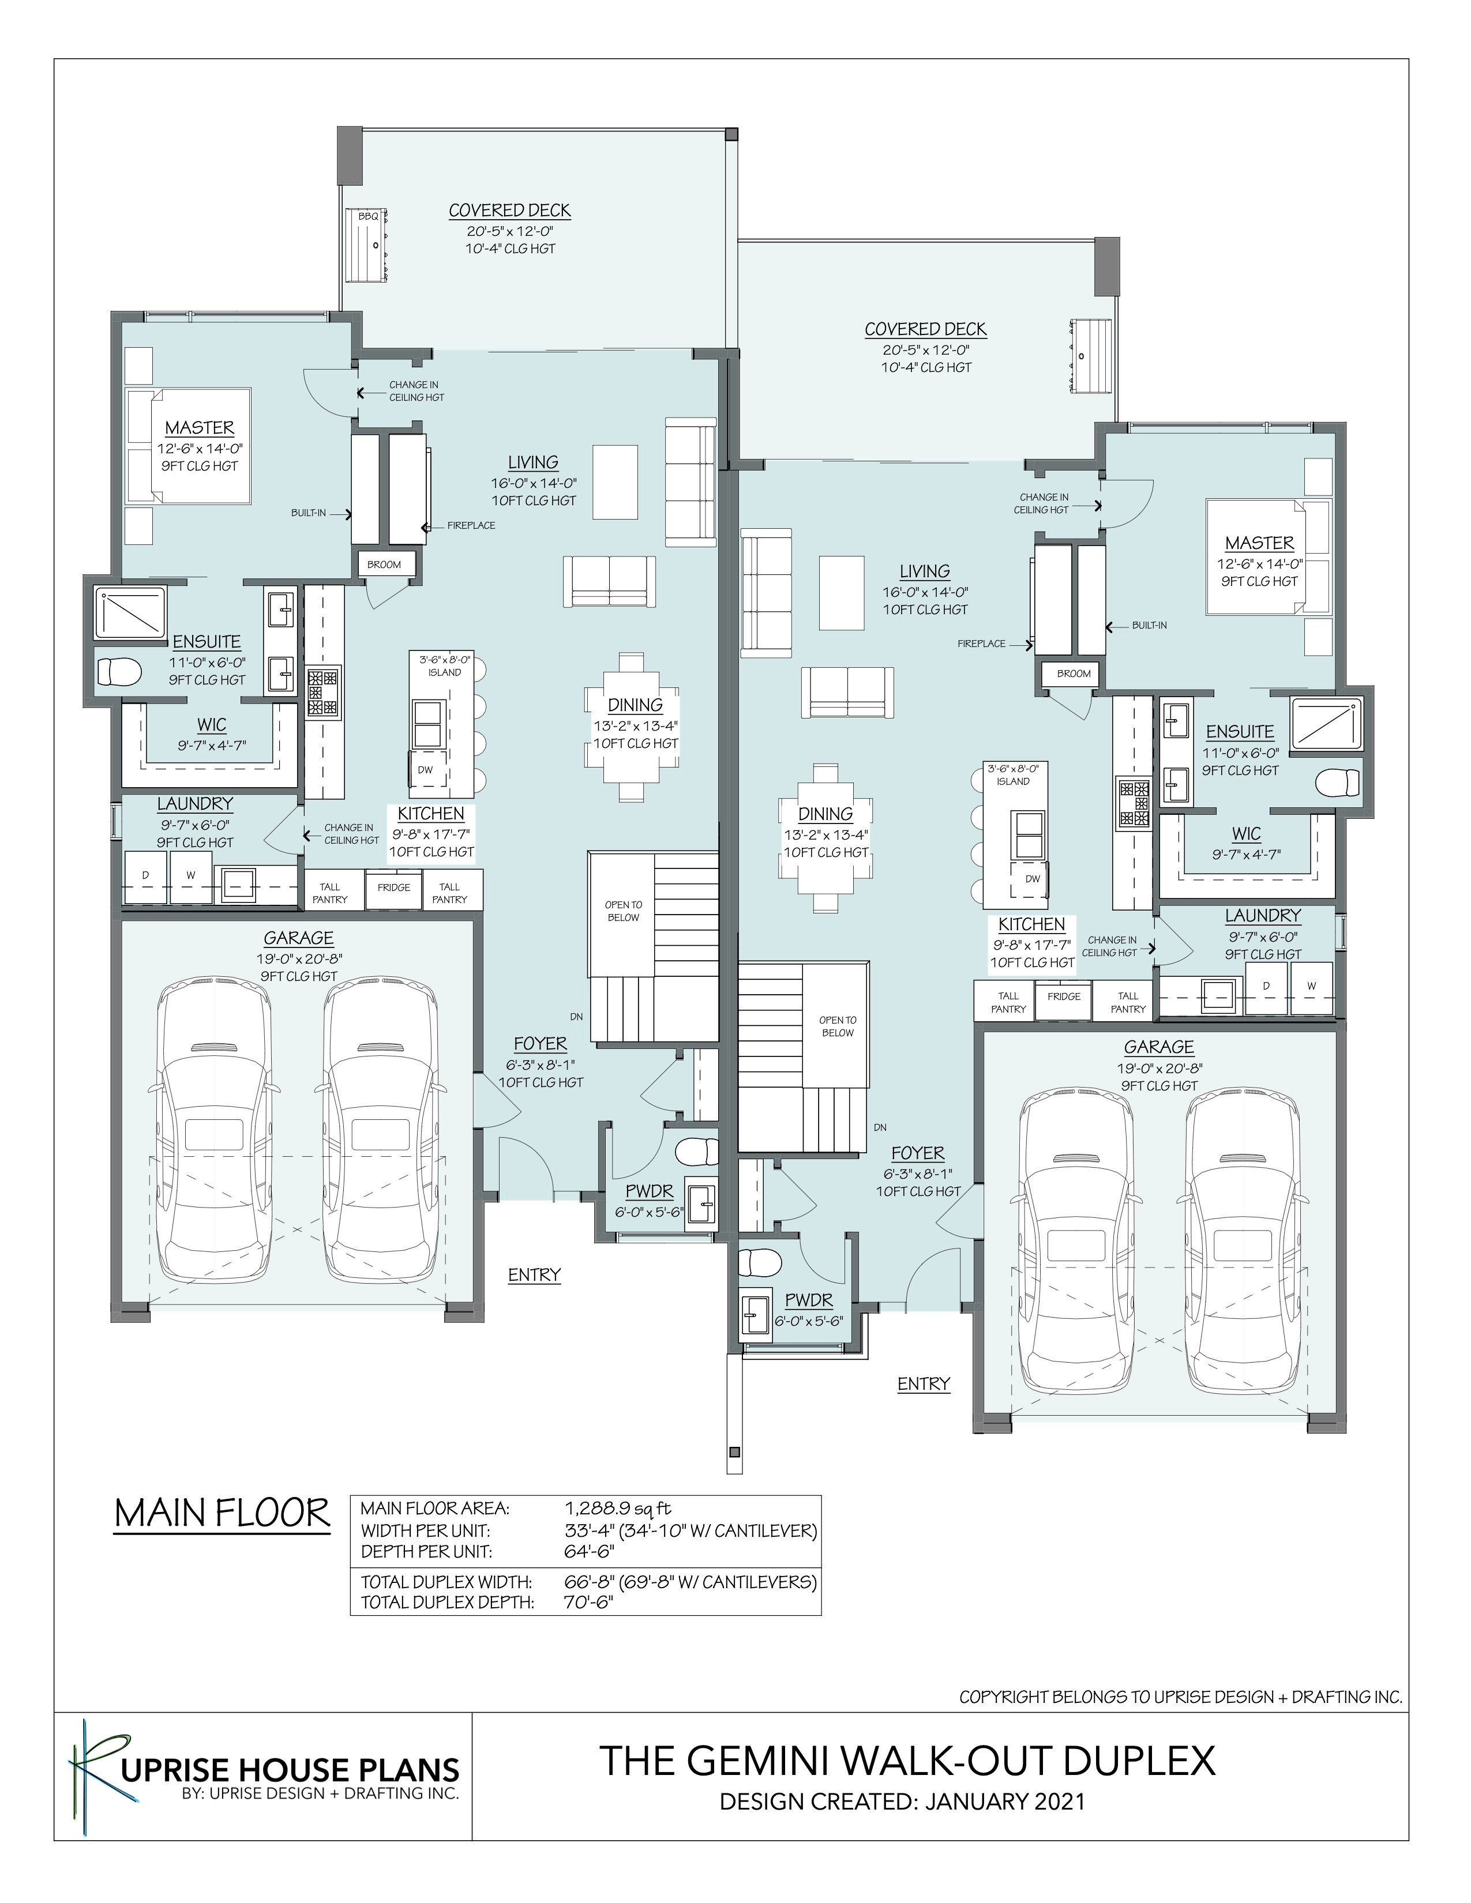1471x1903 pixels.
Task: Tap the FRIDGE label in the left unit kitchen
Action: point(394,887)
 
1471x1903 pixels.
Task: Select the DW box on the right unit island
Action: point(1033,878)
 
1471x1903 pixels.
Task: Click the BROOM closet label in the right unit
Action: point(1074,674)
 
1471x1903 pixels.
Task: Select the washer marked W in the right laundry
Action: point(1311,986)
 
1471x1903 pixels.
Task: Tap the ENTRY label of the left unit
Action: point(534,1275)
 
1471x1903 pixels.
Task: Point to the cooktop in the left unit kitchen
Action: point(322,693)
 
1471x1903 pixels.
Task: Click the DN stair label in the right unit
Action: point(881,1127)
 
